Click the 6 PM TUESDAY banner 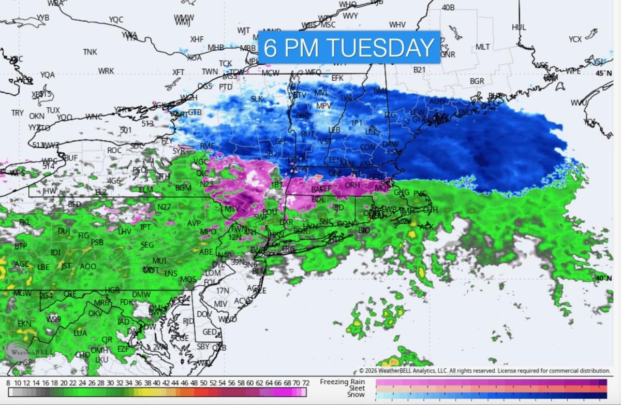click(349, 47)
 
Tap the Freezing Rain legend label click(342, 382)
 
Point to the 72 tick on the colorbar click(306, 383)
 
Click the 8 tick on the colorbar click(8, 383)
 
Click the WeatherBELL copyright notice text click(484, 371)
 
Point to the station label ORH click(352, 185)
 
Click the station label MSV click(231, 209)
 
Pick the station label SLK click(257, 99)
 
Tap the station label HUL click(519, 27)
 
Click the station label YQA click(47, 75)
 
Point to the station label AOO click(88, 267)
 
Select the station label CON click(367, 148)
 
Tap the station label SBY click(203, 346)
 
